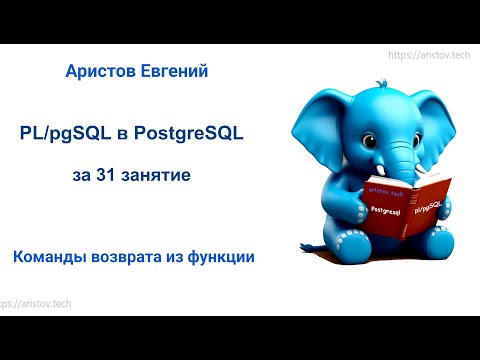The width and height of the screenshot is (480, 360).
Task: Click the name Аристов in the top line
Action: [x=101, y=71]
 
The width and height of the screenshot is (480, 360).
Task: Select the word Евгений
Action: [x=174, y=71]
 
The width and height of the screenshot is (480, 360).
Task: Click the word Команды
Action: [x=51, y=257]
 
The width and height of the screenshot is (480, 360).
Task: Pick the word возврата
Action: [x=133, y=257]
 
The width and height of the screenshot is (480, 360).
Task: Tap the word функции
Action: [x=217, y=257]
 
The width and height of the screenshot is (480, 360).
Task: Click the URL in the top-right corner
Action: [x=428, y=57]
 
